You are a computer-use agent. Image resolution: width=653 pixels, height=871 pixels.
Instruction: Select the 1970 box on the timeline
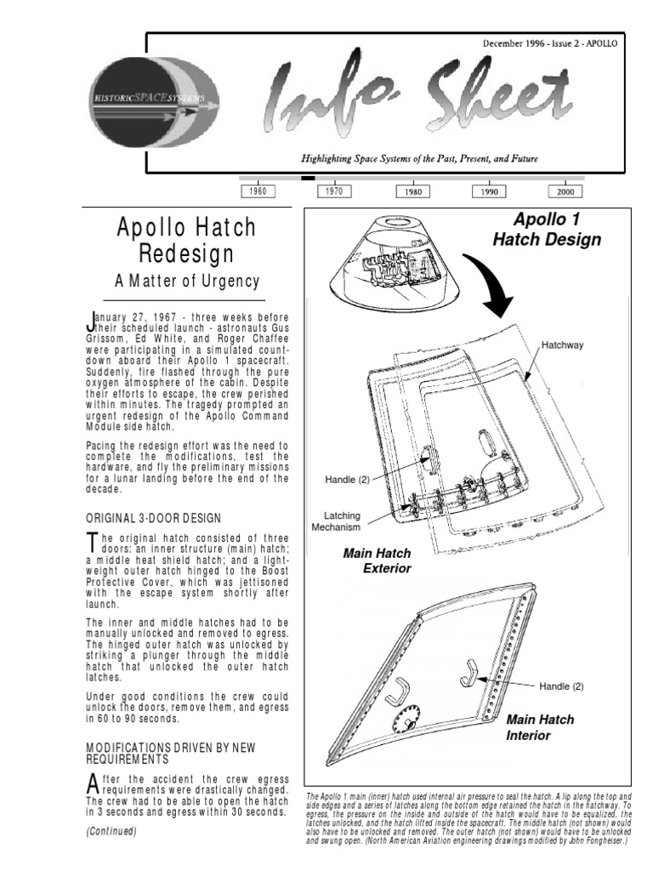point(334,191)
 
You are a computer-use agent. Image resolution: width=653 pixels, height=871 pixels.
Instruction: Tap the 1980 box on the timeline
point(413,192)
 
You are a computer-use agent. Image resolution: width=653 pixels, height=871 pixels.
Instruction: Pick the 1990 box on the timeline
point(489,192)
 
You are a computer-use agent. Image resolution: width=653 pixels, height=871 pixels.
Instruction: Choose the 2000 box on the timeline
point(565,192)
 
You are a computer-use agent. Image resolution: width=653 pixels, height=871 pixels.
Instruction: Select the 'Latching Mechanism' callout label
point(349,521)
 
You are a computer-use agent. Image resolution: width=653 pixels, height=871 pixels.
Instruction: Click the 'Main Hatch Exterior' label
point(377,561)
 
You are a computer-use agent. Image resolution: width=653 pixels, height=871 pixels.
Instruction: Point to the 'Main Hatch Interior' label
point(540,727)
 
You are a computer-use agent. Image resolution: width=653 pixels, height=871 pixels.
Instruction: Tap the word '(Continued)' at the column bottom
point(111,831)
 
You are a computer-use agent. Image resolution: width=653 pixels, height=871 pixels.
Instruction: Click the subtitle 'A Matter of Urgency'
point(186,281)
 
